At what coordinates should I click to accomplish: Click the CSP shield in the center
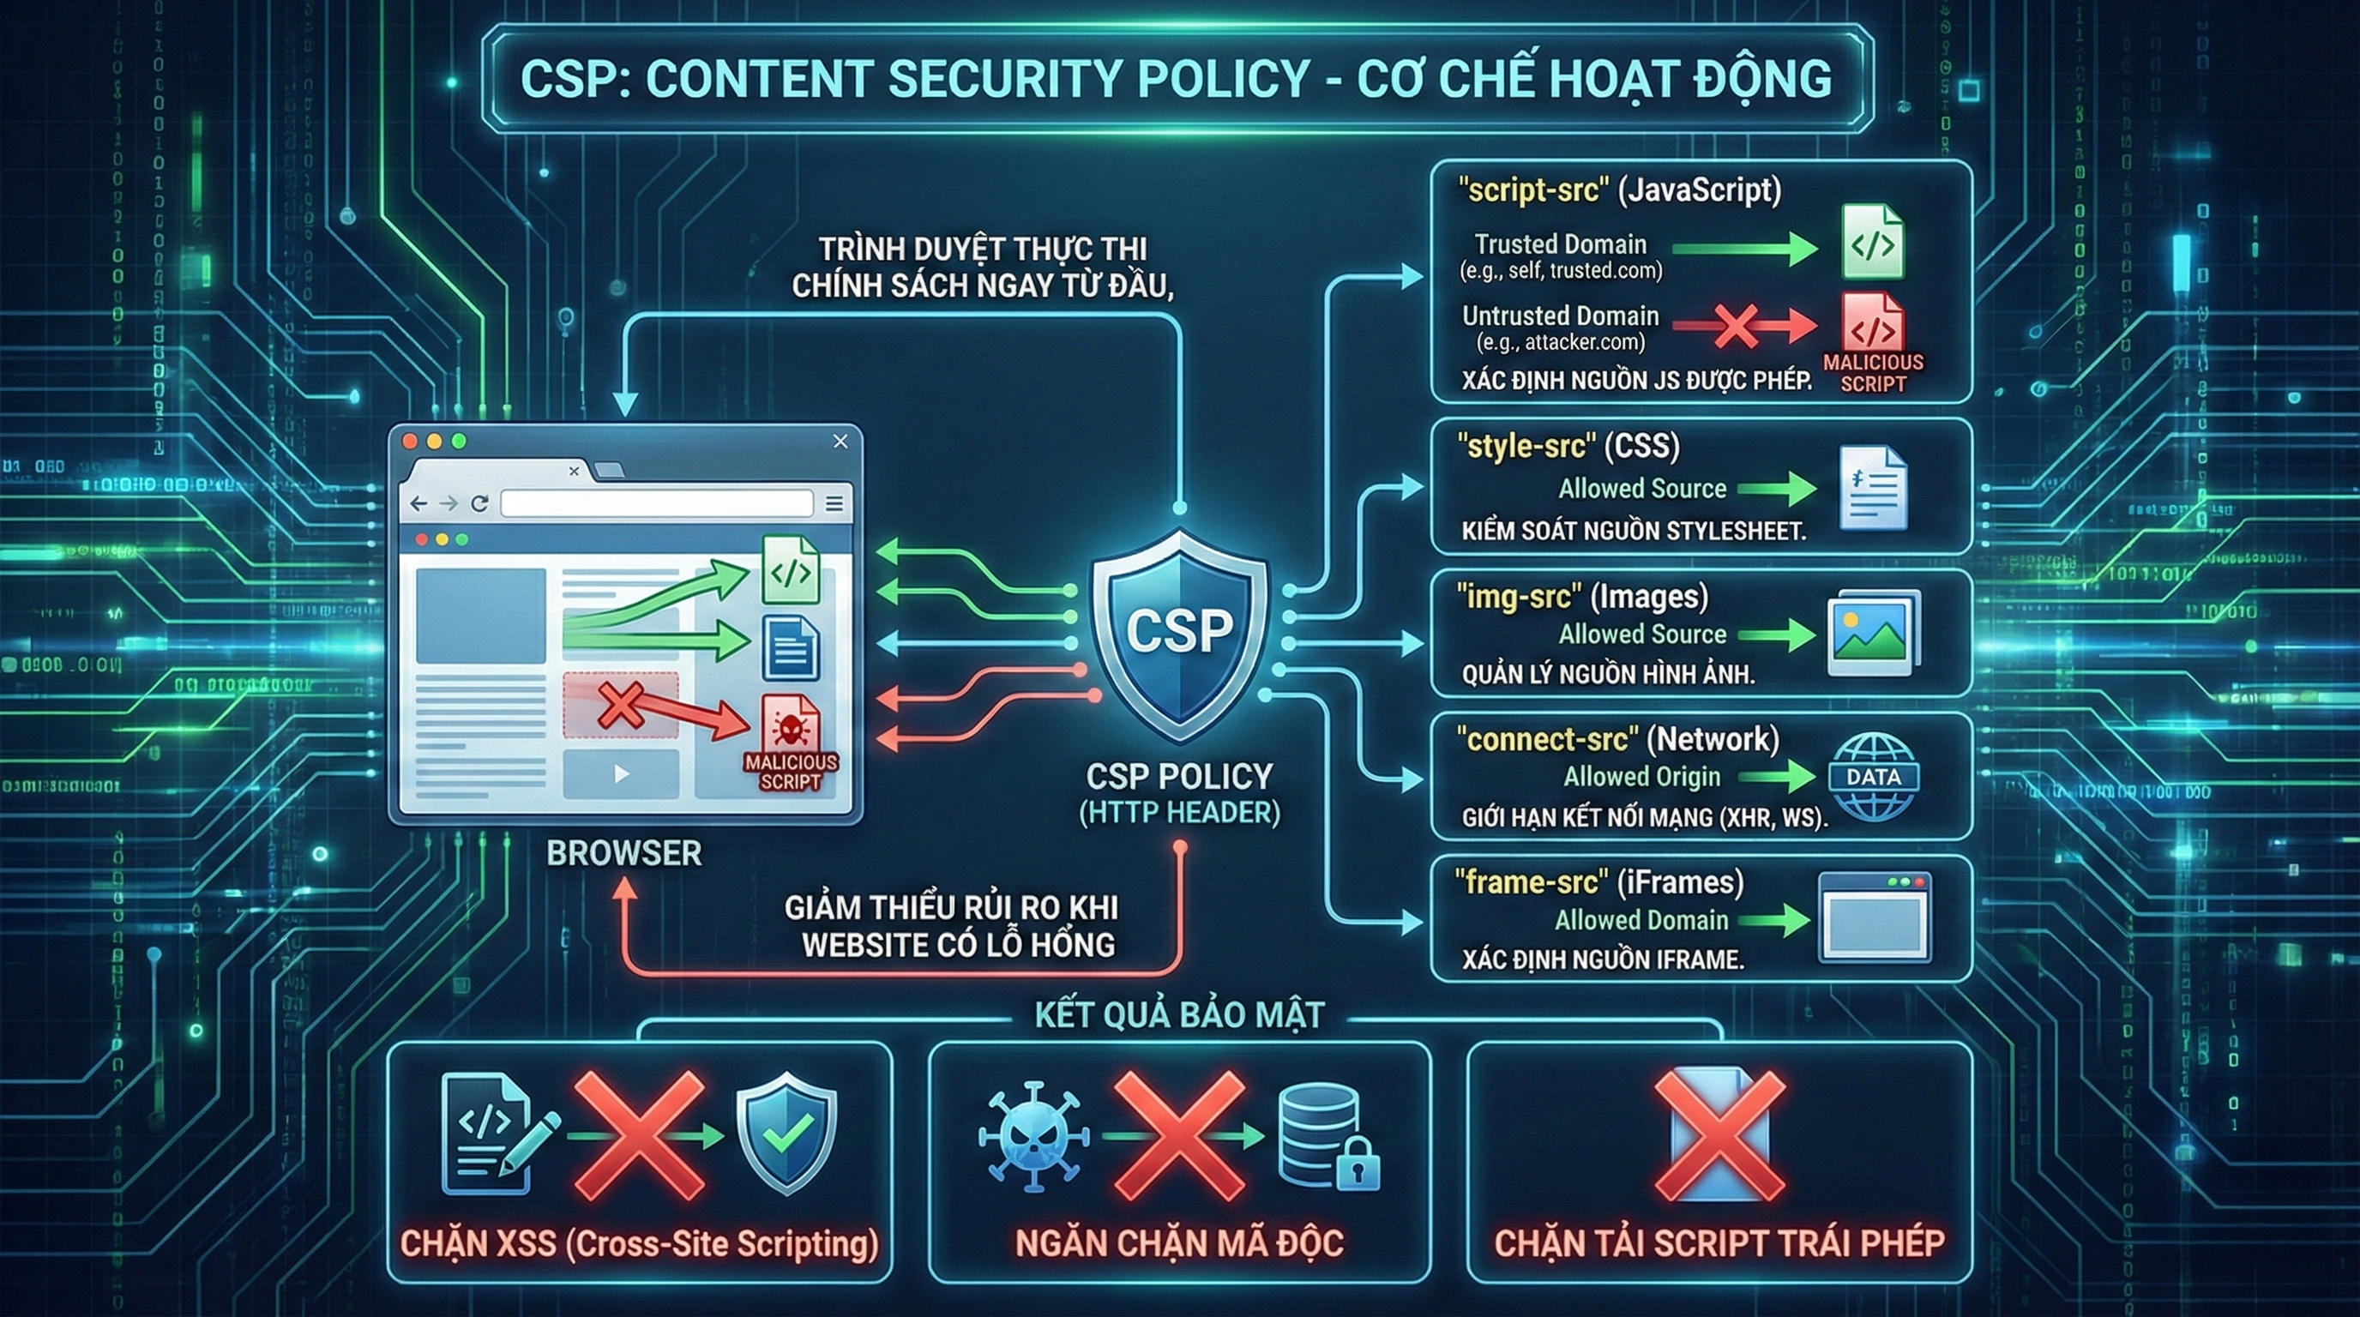(x=1179, y=632)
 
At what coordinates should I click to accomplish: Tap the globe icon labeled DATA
(x=1873, y=777)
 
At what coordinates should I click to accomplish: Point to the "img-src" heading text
(x=1518, y=597)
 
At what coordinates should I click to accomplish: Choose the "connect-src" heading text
(x=1547, y=739)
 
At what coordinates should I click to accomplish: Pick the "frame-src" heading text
(x=1530, y=882)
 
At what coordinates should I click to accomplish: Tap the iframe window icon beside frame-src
(x=1875, y=917)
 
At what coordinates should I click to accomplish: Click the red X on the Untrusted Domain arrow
(x=1734, y=325)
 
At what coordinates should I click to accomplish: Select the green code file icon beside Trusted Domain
(x=1872, y=242)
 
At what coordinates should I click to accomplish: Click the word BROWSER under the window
(x=624, y=854)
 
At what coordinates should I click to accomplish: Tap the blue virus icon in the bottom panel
(x=1033, y=1137)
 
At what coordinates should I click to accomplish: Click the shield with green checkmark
(x=786, y=1134)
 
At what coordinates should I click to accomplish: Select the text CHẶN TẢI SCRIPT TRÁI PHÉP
(x=1719, y=1242)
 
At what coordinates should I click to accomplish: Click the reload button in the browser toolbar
(x=479, y=502)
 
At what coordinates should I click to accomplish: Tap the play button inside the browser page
(x=621, y=774)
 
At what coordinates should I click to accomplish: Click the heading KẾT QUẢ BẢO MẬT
(x=1179, y=1015)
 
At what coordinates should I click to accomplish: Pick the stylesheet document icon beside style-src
(x=1873, y=488)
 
